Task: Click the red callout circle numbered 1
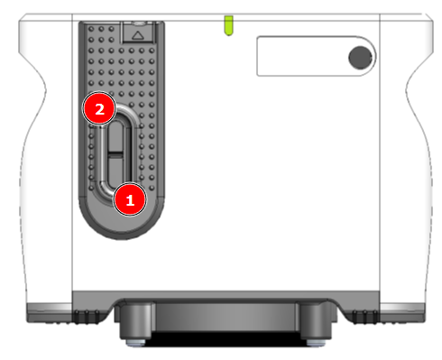click(x=130, y=199)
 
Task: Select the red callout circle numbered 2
click(x=99, y=108)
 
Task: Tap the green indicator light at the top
click(x=228, y=25)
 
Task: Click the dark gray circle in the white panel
click(x=360, y=58)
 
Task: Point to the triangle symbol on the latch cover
click(x=138, y=35)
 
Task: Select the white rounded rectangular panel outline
click(x=317, y=56)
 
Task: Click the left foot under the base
click(x=135, y=321)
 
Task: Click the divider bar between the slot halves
click(x=115, y=154)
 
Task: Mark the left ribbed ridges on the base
click(x=87, y=318)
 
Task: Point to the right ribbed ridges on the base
click(x=365, y=318)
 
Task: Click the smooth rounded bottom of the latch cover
click(x=122, y=219)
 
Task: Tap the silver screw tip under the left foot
click(x=135, y=343)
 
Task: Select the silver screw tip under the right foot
click(x=316, y=343)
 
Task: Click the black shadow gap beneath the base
click(x=226, y=339)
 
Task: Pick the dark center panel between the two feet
click(x=226, y=318)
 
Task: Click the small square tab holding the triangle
click(x=138, y=32)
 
